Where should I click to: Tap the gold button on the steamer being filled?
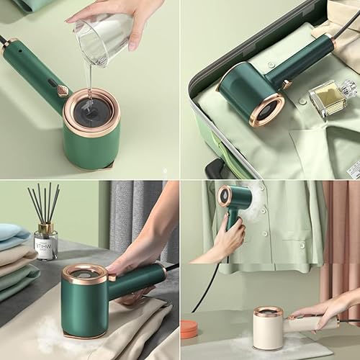[63, 91]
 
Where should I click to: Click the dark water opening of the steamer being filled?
[93, 112]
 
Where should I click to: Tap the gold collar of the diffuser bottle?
[46, 228]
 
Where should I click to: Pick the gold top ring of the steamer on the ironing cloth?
[85, 274]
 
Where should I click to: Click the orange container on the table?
[189, 329]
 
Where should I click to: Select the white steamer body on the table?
[267, 332]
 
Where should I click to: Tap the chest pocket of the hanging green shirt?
[287, 234]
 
